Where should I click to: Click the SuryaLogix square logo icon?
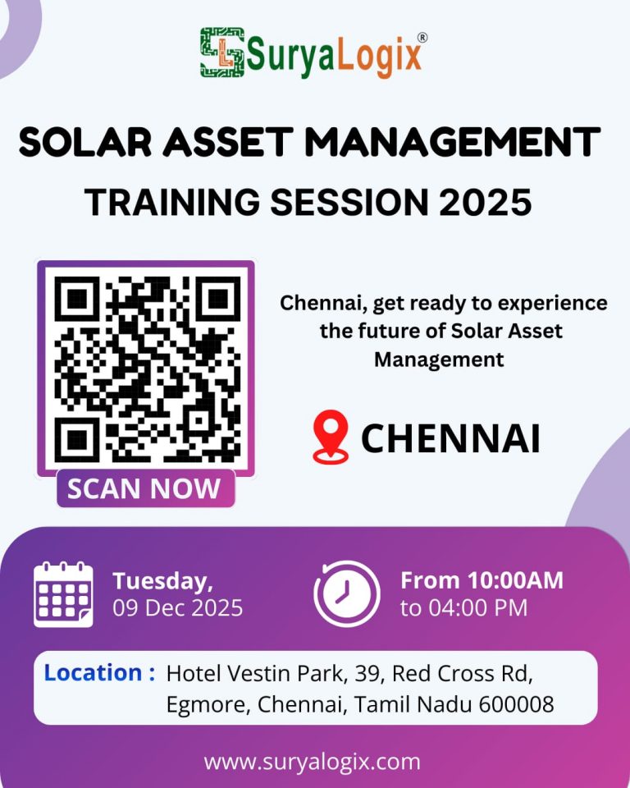pyautogui.click(x=222, y=53)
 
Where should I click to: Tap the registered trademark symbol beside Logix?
pyautogui.click(x=422, y=37)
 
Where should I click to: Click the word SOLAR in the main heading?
pyautogui.click(x=85, y=142)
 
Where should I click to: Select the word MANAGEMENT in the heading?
pyautogui.click(x=453, y=142)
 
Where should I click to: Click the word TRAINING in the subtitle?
pyautogui.click(x=172, y=202)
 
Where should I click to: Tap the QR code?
pyautogui.click(x=146, y=369)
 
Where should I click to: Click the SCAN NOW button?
pyautogui.click(x=146, y=488)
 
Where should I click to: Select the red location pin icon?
pyautogui.click(x=331, y=436)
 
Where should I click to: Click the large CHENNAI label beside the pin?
pyautogui.click(x=450, y=438)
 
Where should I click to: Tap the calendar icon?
pyautogui.click(x=63, y=594)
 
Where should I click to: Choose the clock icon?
pyautogui.click(x=347, y=593)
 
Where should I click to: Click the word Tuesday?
pyautogui.click(x=162, y=581)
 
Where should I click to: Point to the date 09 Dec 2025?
pyautogui.click(x=178, y=608)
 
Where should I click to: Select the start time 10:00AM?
pyautogui.click(x=515, y=580)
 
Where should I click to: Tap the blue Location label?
pyautogui.click(x=99, y=672)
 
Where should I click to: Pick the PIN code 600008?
pyautogui.click(x=516, y=704)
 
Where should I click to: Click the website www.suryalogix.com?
pyautogui.click(x=312, y=762)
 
